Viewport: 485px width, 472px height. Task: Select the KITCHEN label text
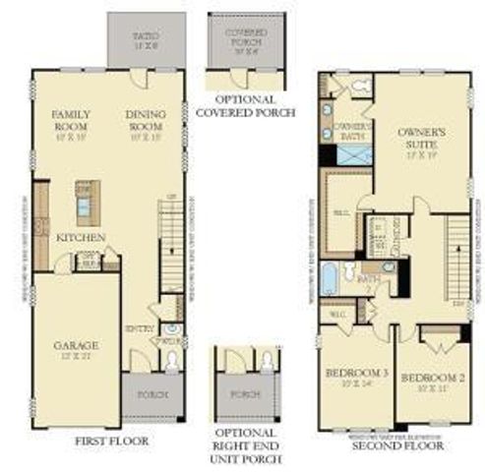[81, 237]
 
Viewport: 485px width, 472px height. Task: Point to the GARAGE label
[76, 346]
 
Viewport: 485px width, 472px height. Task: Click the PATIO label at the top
[146, 37]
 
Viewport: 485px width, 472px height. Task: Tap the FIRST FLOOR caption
[111, 442]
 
